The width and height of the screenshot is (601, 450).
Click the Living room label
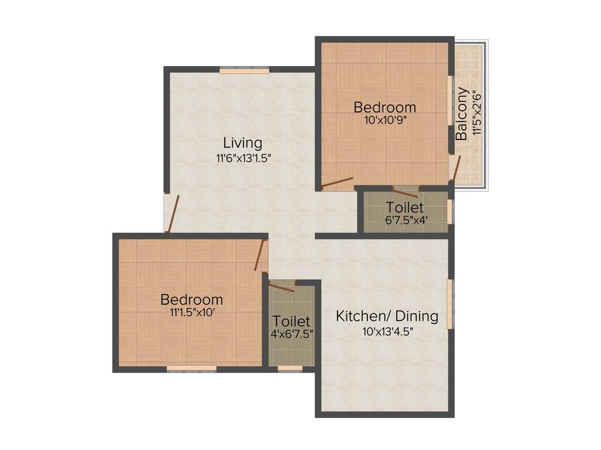242,142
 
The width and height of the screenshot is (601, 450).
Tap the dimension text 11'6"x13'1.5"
242,157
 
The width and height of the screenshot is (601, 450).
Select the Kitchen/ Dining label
387,316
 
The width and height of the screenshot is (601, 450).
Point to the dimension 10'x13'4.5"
387,331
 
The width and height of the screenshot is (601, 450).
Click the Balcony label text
462,114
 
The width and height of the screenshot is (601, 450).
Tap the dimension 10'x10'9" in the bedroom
384,120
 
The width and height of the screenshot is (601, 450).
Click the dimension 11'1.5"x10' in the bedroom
192,313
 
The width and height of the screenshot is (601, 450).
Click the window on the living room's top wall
245,71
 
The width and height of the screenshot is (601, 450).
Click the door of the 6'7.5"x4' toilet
406,191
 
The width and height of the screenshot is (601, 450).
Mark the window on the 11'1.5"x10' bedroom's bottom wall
191,369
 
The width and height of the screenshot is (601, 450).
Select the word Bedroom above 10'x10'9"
384,107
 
